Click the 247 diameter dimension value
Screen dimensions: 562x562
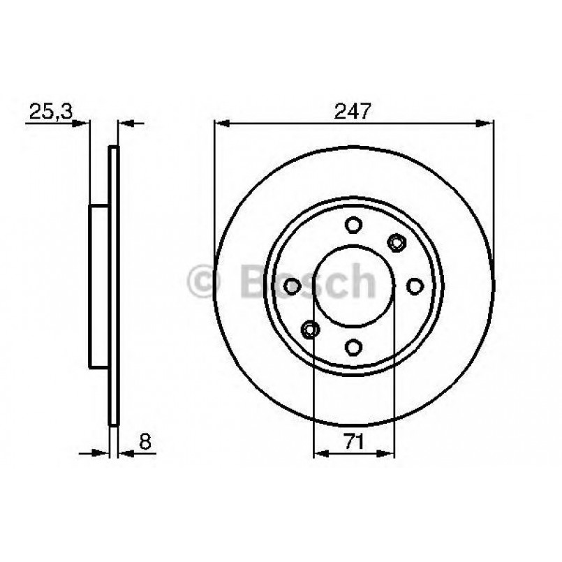353,111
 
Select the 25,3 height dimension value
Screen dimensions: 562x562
50,112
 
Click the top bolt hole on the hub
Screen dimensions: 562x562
353,225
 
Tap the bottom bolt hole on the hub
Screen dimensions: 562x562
353,347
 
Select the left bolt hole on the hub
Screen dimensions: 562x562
292,286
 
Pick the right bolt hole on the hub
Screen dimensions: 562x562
415,286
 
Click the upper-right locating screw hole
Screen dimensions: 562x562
397,243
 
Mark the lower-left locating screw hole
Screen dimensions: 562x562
311,329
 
